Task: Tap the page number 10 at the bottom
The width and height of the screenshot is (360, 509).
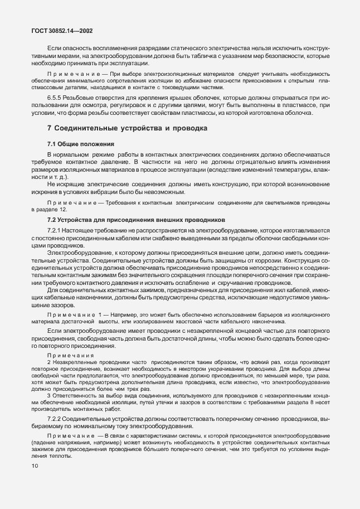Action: click(x=35, y=466)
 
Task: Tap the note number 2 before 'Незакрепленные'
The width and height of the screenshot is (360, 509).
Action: click(x=49, y=362)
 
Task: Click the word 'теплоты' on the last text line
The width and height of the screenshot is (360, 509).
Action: click(x=44, y=455)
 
